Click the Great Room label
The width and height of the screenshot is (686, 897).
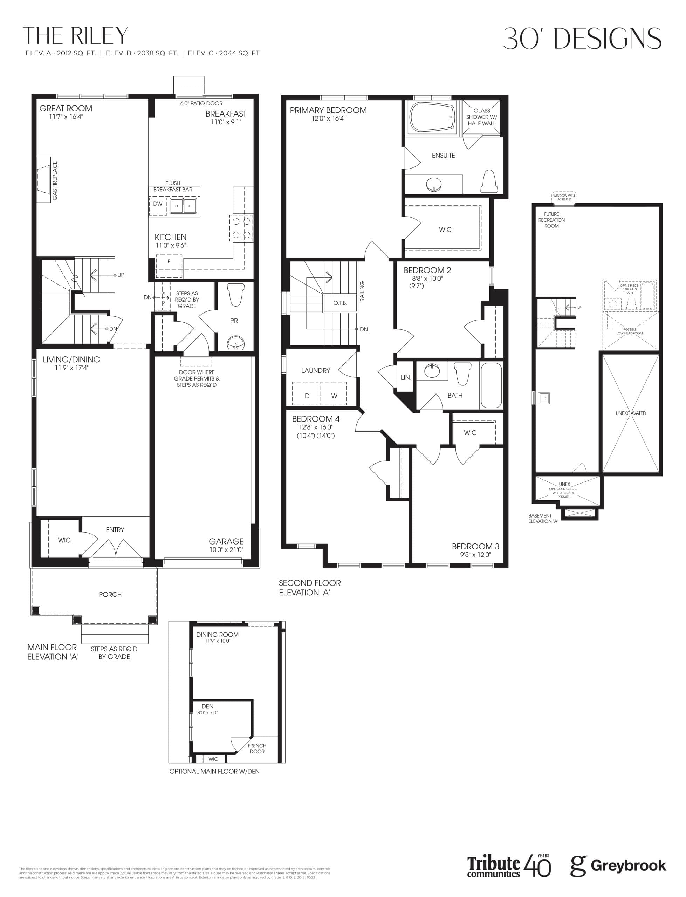66,109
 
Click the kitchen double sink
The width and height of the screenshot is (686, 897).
183,206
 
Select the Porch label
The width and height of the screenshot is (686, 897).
110,595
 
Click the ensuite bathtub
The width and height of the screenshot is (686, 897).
432,117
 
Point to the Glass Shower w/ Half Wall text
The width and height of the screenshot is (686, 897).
481,117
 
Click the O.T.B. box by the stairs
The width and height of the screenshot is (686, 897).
340,303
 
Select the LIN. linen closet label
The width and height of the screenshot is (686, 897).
405,378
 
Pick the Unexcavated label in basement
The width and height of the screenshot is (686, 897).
630,413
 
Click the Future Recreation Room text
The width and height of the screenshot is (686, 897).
551,220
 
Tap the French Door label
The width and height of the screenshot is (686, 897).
257,748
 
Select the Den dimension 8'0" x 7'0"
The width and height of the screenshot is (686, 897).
207,712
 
